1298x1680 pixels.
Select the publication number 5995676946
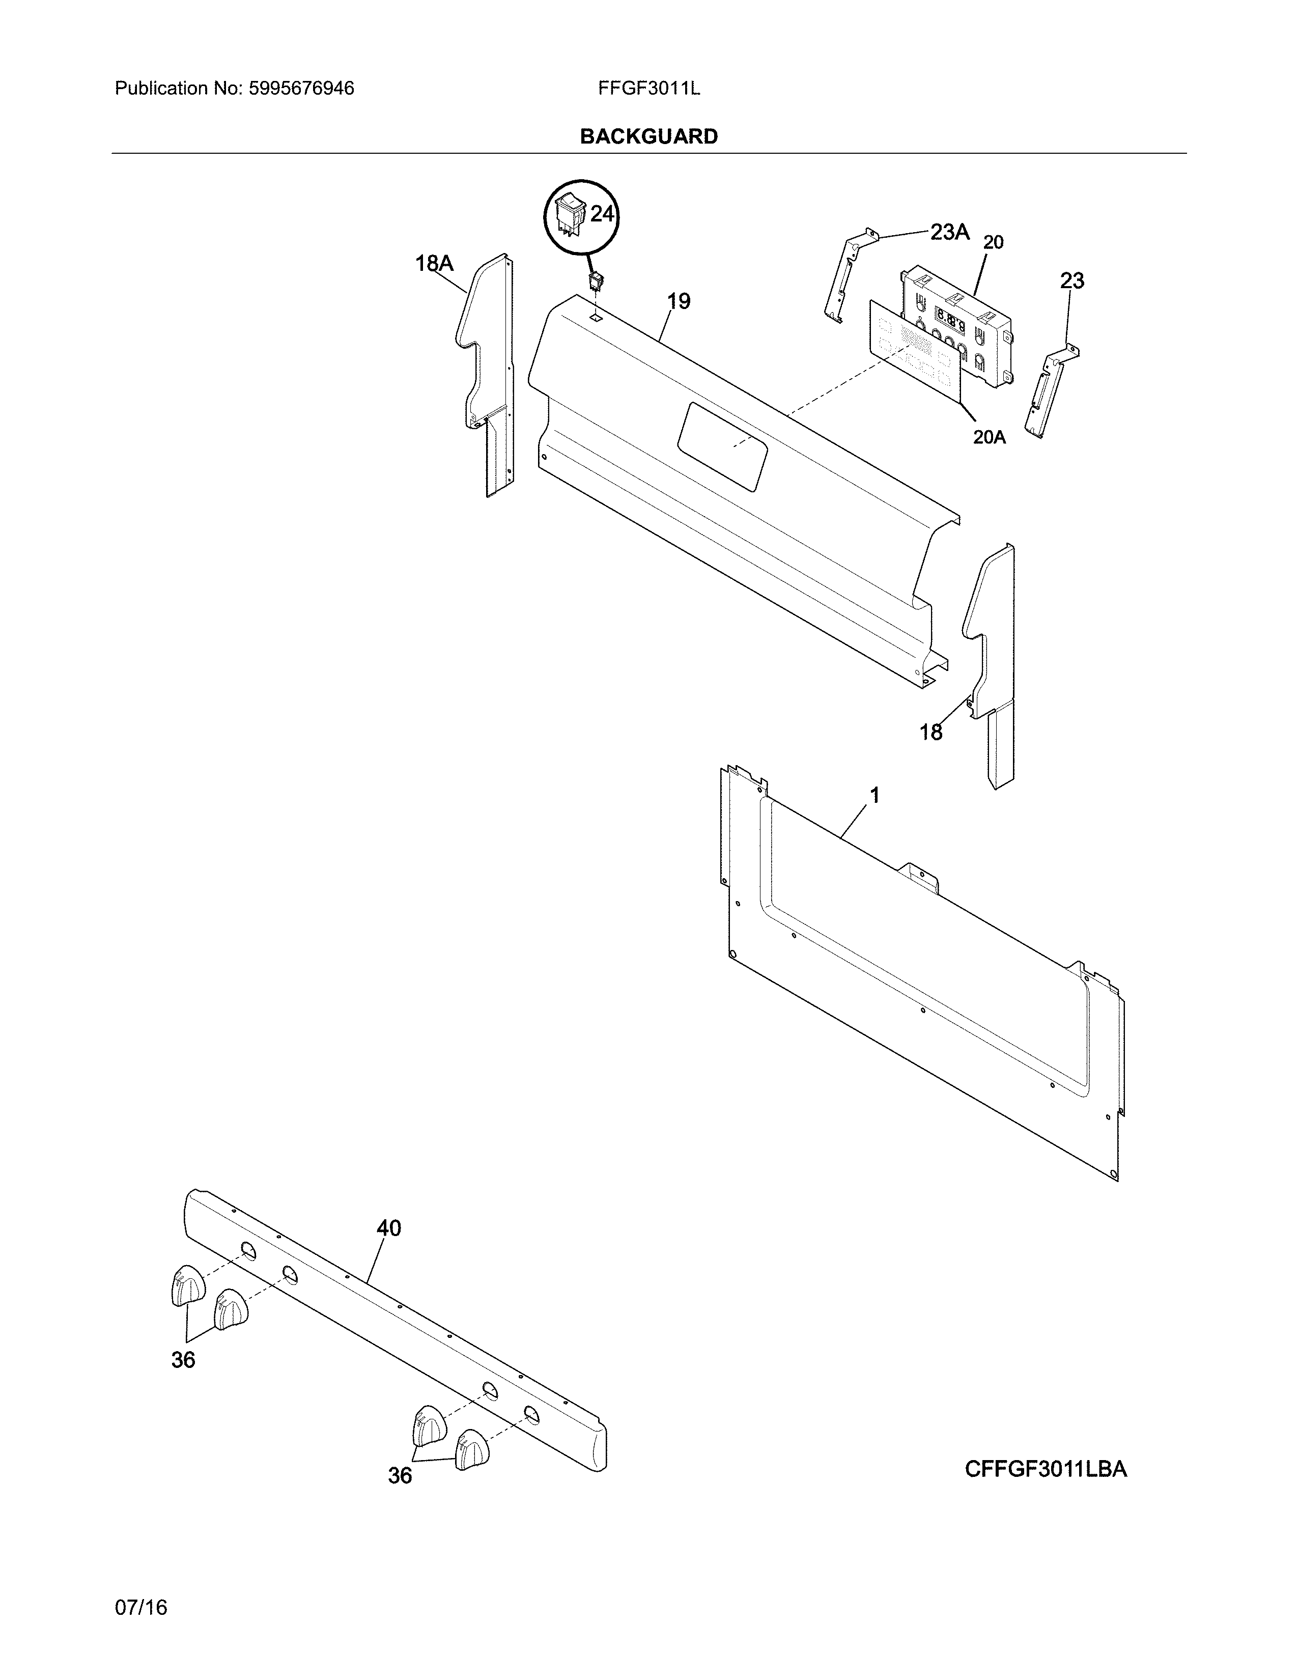301,89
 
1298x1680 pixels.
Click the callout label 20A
989,437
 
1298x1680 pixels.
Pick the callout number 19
678,301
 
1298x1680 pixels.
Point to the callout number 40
388,1228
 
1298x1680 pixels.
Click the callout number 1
874,795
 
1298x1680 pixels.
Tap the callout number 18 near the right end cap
930,732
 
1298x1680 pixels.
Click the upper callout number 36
183,1360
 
